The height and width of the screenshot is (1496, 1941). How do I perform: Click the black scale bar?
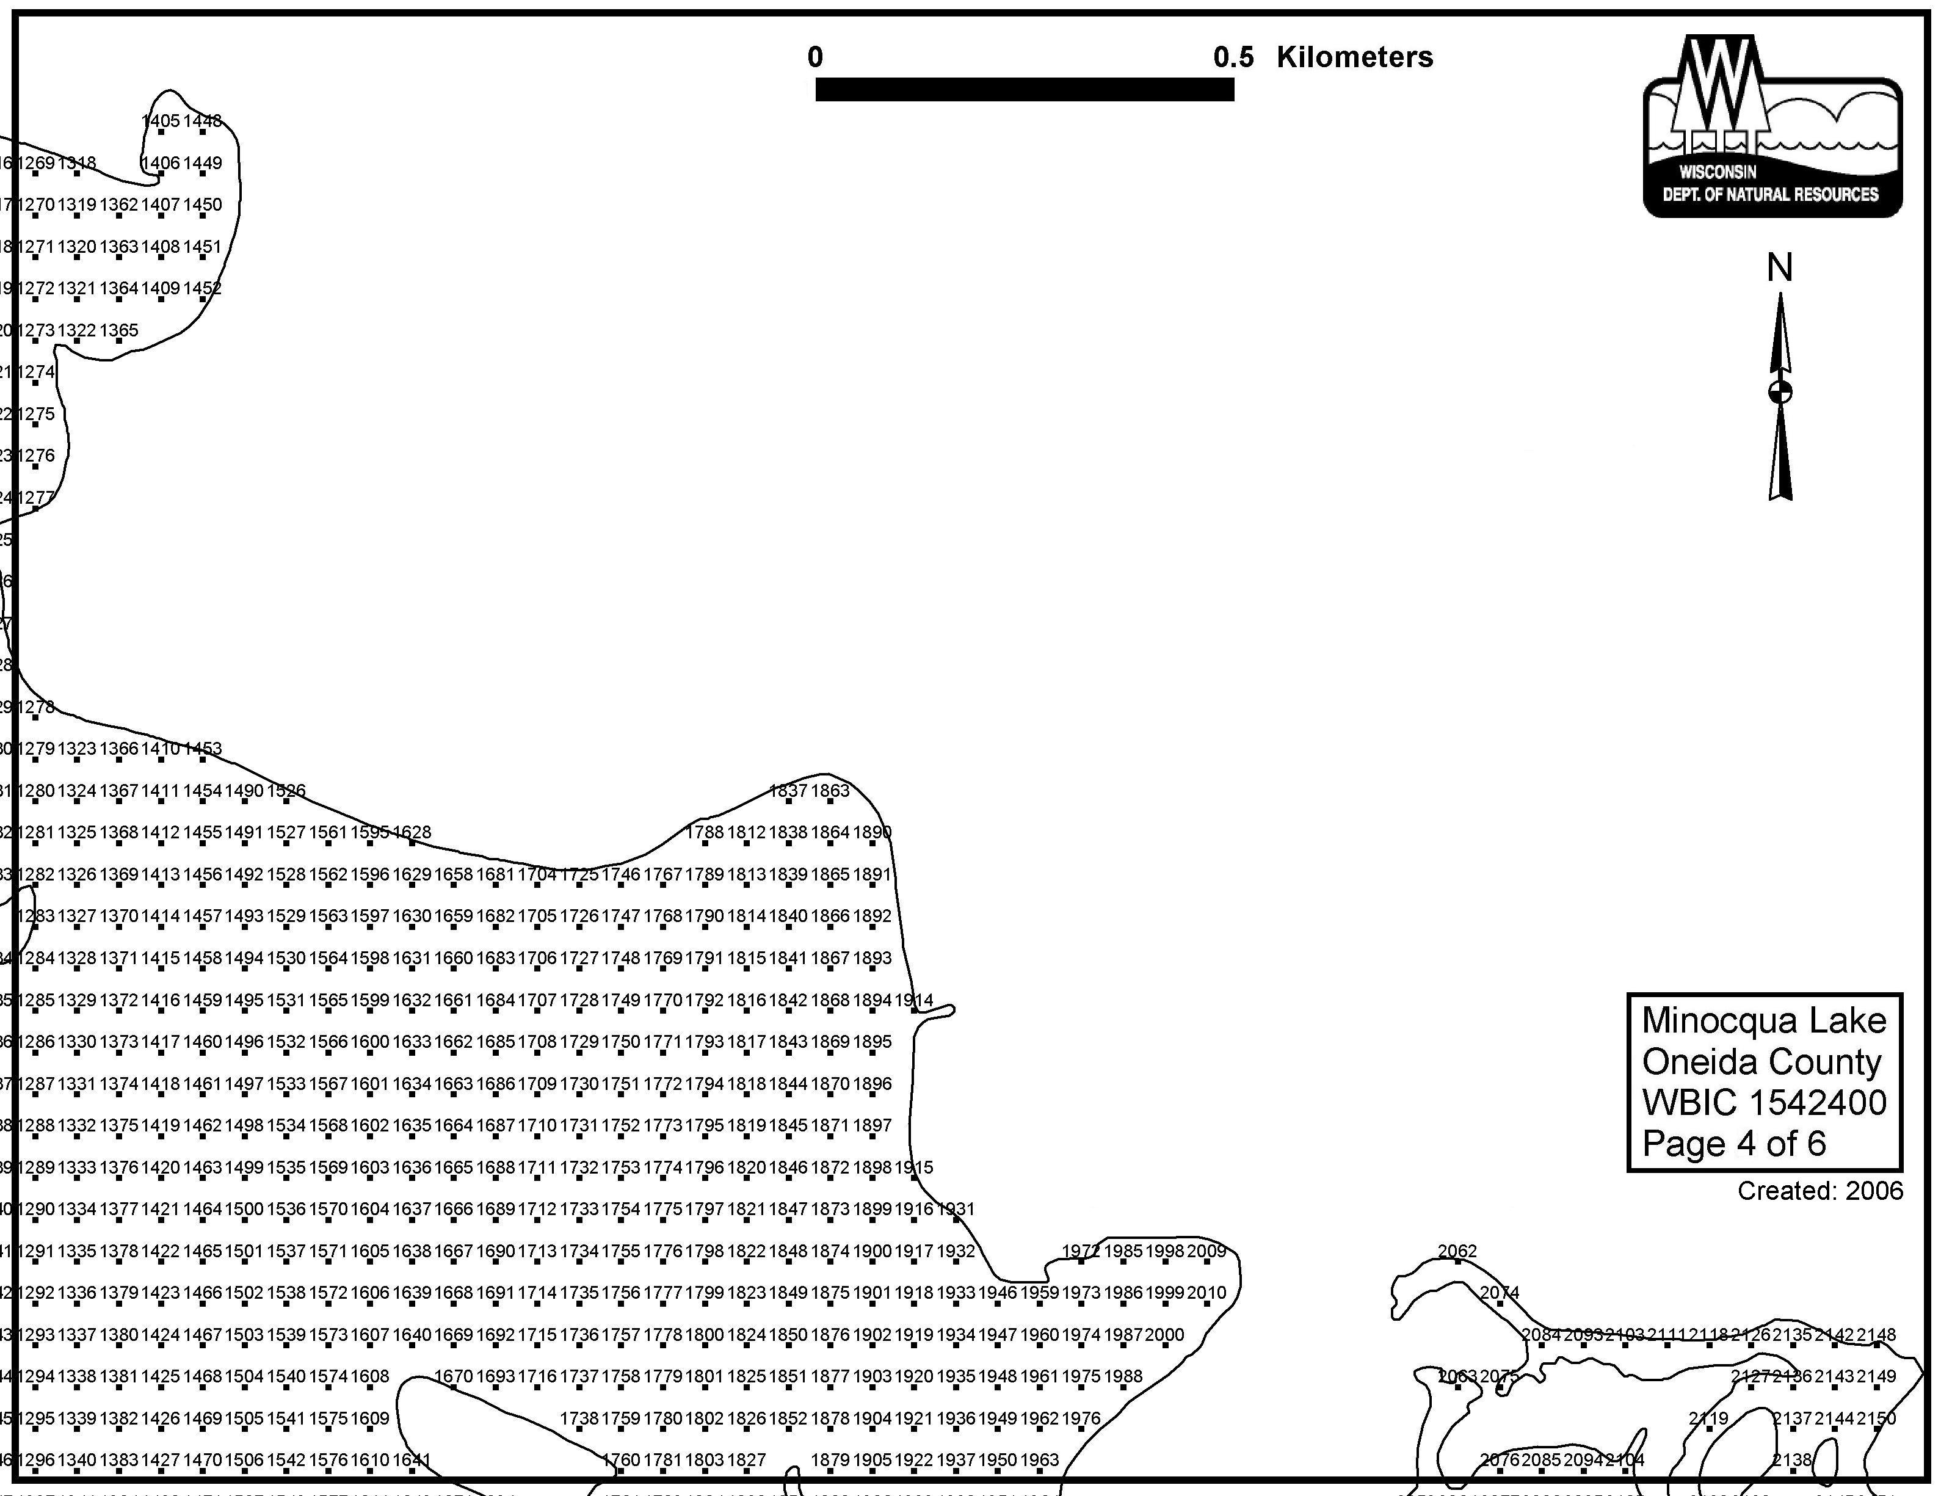(x=1024, y=89)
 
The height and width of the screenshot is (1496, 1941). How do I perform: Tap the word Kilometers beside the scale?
(x=1354, y=57)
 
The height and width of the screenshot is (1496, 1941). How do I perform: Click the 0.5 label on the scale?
(x=1233, y=57)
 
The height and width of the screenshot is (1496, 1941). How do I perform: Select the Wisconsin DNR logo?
(x=1772, y=126)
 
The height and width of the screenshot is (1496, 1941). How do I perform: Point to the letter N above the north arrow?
(x=1779, y=267)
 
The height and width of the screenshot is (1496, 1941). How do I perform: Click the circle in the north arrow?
(x=1779, y=392)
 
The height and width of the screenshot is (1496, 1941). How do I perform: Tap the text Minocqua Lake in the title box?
(x=1763, y=1020)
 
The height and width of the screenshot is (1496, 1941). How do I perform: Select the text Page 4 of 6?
(x=1733, y=1143)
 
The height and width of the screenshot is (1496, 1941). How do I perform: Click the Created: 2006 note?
(x=1820, y=1190)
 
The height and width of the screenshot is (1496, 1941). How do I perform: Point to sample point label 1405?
(x=161, y=121)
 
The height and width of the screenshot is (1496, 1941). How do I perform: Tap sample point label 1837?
(x=788, y=790)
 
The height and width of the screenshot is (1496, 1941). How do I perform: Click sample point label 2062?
(x=1457, y=1251)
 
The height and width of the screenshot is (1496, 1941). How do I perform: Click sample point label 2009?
(x=1206, y=1251)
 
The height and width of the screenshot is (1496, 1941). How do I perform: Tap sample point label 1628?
(x=412, y=832)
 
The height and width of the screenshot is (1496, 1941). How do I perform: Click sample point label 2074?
(x=1500, y=1293)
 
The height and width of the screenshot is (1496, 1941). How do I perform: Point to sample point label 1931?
(x=956, y=1209)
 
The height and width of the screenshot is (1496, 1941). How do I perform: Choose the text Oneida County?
(x=1761, y=1061)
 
